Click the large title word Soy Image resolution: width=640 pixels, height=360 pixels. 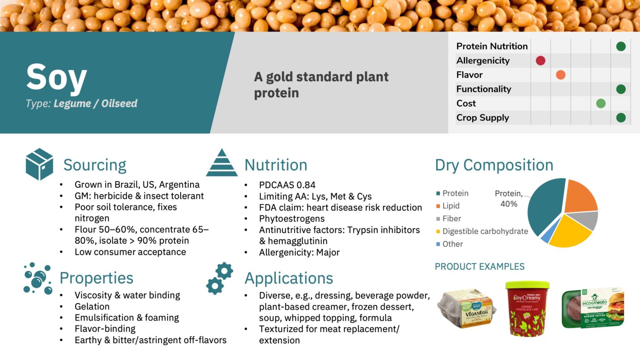[x=56, y=77]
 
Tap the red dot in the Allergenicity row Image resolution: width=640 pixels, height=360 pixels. [x=540, y=61]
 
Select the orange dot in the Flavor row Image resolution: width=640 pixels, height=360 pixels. [x=560, y=75]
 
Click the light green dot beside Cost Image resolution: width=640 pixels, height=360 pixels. [x=600, y=103]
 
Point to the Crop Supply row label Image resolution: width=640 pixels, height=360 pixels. [x=482, y=117]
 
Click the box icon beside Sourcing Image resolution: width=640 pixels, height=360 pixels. [x=39, y=164]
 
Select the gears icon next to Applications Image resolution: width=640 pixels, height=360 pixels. [x=220, y=278]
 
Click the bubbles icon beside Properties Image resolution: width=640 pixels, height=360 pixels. [x=37, y=278]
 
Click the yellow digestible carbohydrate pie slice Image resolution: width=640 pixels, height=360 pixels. [x=569, y=230]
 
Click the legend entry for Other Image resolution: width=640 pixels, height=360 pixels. [x=452, y=244]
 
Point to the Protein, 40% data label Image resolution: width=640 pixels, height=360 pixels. [x=508, y=199]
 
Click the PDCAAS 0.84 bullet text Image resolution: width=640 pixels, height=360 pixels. [x=287, y=185]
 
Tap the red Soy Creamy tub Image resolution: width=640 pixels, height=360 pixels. [x=527, y=308]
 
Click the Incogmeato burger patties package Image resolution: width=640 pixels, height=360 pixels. [x=592, y=308]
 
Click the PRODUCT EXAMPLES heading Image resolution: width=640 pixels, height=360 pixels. [x=480, y=267]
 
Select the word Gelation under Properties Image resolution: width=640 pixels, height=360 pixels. [x=92, y=307]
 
